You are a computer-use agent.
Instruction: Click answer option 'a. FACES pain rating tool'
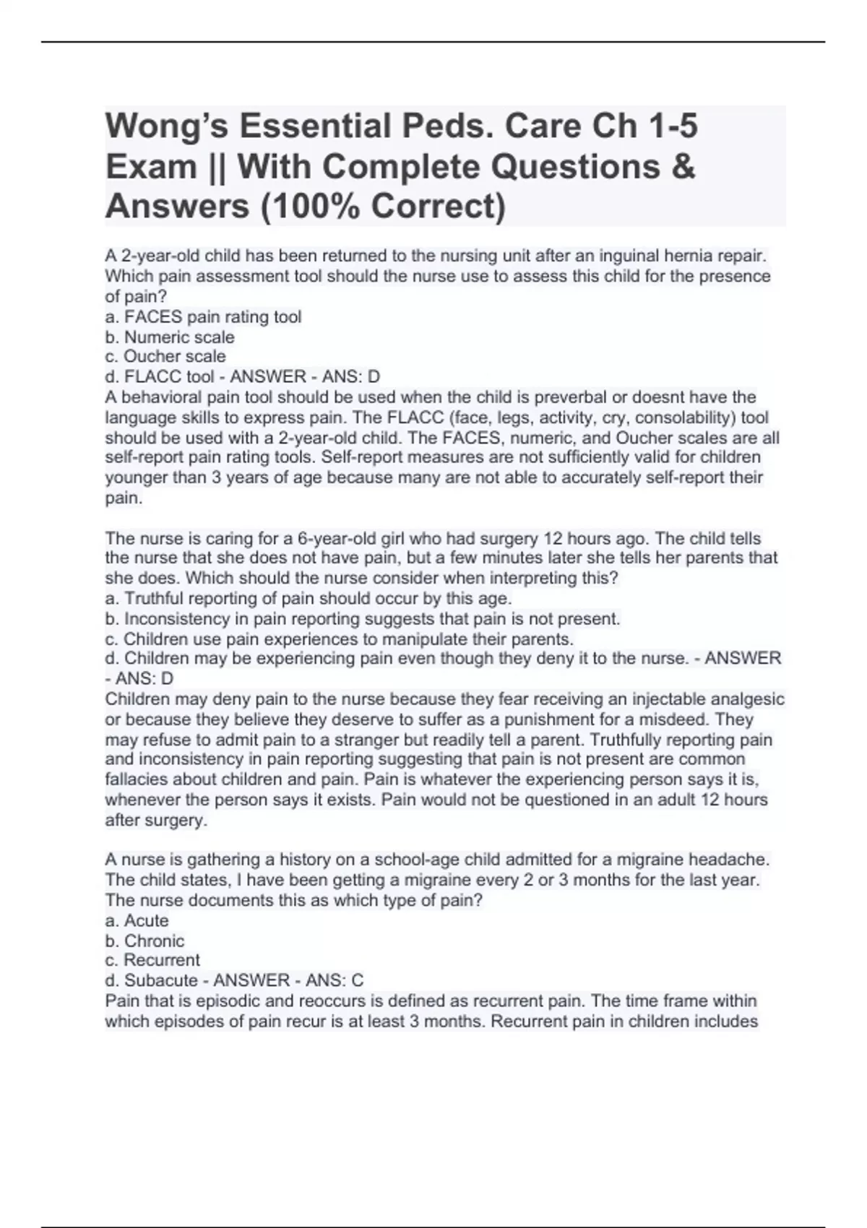point(203,317)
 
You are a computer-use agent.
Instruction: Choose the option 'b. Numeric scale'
point(170,337)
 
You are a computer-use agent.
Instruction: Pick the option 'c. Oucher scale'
point(165,357)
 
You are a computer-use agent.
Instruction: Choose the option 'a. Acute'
point(137,921)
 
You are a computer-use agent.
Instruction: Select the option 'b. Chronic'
point(144,941)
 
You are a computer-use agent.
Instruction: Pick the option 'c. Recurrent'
point(152,961)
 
